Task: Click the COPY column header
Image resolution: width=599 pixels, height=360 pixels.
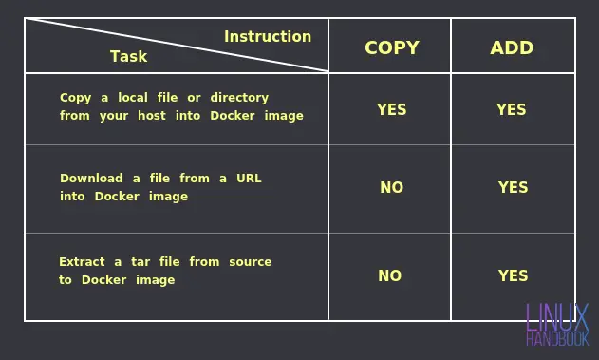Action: pyautogui.click(x=391, y=47)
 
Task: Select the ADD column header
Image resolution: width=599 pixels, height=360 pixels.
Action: pyautogui.click(x=512, y=47)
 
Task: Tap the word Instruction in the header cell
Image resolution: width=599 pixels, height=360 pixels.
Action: pyautogui.click(x=268, y=37)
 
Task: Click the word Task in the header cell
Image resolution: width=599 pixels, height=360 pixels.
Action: pyautogui.click(x=128, y=57)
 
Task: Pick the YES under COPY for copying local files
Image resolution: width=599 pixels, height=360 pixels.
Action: pyautogui.click(x=391, y=110)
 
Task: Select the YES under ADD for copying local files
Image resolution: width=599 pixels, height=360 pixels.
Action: pyautogui.click(x=511, y=110)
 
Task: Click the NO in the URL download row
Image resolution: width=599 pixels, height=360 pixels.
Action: pyautogui.click(x=391, y=188)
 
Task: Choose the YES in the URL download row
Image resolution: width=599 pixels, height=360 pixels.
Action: pyautogui.click(x=513, y=188)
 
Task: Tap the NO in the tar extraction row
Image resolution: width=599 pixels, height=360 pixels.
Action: pyautogui.click(x=389, y=276)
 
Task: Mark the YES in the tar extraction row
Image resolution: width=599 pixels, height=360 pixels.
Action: pyautogui.click(x=513, y=276)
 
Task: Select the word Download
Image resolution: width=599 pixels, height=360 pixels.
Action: pyautogui.click(x=91, y=179)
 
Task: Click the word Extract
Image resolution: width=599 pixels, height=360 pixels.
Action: pyautogui.click(x=82, y=262)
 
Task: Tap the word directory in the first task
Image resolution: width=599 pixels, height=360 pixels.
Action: pyautogui.click(x=239, y=98)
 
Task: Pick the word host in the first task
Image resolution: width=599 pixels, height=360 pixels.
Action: pyautogui.click(x=151, y=116)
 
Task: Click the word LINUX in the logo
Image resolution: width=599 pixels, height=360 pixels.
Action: pyautogui.click(x=556, y=317)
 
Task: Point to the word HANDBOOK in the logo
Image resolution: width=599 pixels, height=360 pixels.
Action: pyautogui.click(x=556, y=338)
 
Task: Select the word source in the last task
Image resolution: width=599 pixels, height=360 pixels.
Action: pyautogui.click(x=250, y=262)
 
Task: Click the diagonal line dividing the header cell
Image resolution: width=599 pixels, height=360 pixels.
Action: pyautogui.click(x=177, y=45)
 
